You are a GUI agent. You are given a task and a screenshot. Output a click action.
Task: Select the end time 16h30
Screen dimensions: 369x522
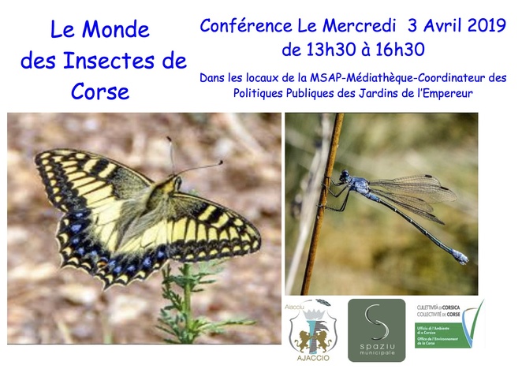pos(398,50)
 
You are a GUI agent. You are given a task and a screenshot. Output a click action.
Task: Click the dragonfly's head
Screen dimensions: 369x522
pos(345,175)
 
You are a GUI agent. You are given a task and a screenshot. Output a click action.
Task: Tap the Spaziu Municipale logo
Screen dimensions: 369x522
pos(375,330)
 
